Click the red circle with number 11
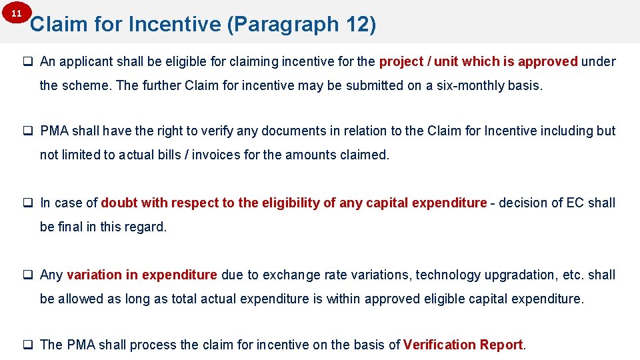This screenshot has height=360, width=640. pos(17,14)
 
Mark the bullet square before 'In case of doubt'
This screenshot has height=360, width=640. pos(29,203)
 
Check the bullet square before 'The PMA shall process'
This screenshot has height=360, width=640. pos(29,345)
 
